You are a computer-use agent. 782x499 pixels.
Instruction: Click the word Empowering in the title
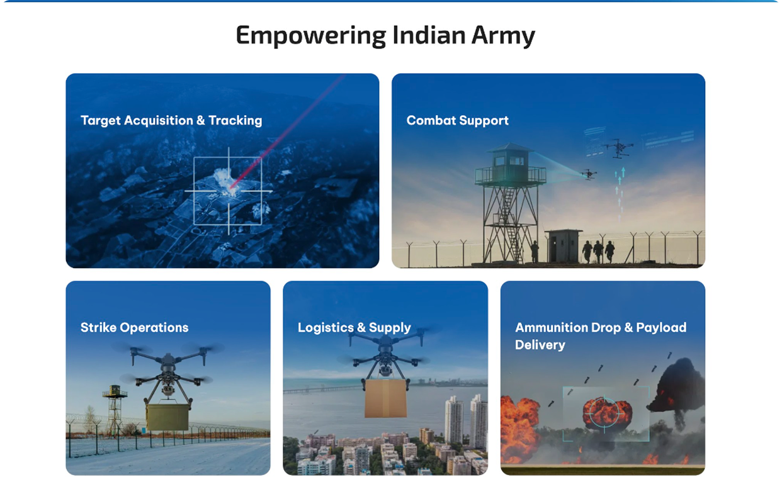click(310, 36)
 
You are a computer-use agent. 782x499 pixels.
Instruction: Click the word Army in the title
click(503, 36)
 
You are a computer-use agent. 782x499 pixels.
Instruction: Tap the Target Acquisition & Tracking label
click(171, 121)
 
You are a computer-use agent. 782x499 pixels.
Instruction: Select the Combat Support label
click(457, 120)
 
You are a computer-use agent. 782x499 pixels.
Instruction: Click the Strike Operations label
click(134, 327)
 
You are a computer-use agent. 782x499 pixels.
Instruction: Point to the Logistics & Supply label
click(354, 328)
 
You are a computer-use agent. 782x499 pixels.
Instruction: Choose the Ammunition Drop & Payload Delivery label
click(601, 336)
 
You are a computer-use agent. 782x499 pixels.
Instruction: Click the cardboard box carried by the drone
click(386, 398)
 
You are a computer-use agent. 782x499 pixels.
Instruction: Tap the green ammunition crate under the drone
click(167, 417)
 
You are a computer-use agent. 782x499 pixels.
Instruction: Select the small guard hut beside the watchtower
click(563, 246)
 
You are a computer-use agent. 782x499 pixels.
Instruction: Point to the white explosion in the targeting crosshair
click(226, 181)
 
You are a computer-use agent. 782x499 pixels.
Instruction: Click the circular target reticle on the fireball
click(604, 413)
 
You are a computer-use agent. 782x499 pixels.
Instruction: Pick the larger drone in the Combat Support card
click(619, 148)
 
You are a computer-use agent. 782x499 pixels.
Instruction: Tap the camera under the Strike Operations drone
click(168, 390)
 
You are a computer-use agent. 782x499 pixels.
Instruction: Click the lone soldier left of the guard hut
click(535, 251)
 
